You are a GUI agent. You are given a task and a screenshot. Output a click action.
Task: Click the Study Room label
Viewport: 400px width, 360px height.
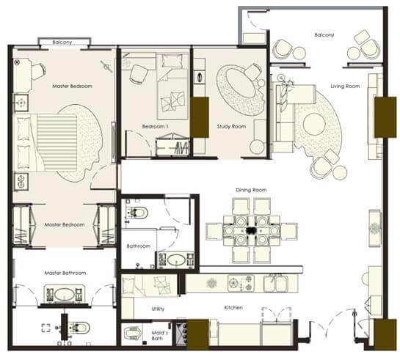(x=231, y=126)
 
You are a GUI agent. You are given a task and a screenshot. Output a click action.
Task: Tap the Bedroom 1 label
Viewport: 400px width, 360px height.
(x=155, y=126)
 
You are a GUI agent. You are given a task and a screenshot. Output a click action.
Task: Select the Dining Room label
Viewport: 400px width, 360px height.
(x=251, y=190)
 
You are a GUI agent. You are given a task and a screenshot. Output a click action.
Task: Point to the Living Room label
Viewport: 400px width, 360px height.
(x=345, y=87)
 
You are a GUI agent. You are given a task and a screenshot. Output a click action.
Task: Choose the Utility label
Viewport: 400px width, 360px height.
(x=158, y=309)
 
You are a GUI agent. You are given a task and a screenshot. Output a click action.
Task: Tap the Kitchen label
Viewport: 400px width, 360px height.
(x=233, y=307)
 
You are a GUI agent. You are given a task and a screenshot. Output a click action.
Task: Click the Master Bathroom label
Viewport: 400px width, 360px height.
(x=65, y=273)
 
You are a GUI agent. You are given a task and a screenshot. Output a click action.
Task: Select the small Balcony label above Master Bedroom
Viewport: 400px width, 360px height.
(x=62, y=42)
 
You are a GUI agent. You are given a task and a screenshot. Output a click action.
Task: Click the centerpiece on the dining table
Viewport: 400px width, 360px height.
(x=251, y=230)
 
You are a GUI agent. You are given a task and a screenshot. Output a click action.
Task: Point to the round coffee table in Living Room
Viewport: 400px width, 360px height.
(x=314, y=125)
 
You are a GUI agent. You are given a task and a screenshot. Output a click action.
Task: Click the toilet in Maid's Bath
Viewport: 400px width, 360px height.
(x=131, y=334)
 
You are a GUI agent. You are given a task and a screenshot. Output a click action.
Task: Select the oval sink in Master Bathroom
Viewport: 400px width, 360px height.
(x=65, y=295)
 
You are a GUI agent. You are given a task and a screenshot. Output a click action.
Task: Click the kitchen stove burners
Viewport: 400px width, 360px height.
(x=241, y=283)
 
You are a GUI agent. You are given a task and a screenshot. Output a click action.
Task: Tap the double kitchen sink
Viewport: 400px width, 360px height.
(x=276, y=283)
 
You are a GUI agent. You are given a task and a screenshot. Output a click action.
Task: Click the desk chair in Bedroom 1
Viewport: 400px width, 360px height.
(x=139, y=74)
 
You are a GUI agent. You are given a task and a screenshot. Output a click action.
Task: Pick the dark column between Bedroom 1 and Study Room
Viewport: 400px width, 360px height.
(x=200, y=117)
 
